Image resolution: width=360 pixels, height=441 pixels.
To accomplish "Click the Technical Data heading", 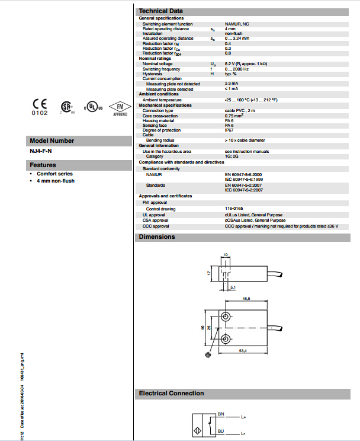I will tap(160, 11).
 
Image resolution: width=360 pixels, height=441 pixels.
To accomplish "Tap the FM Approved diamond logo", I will tap(120, 107).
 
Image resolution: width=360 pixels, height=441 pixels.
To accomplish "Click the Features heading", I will tap(43, 165).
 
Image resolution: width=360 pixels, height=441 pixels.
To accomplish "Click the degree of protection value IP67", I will tap(229, 130).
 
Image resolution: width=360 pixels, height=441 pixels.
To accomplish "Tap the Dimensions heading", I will tap(157, 237).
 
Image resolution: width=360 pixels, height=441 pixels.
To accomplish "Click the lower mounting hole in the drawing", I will tap(226, 339).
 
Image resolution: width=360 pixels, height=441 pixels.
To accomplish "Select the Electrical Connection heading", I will tap(171, 393).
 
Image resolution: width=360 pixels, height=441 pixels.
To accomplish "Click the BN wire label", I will tap(221, 413).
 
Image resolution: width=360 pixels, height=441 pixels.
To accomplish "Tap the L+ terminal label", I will tap(243, 418).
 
